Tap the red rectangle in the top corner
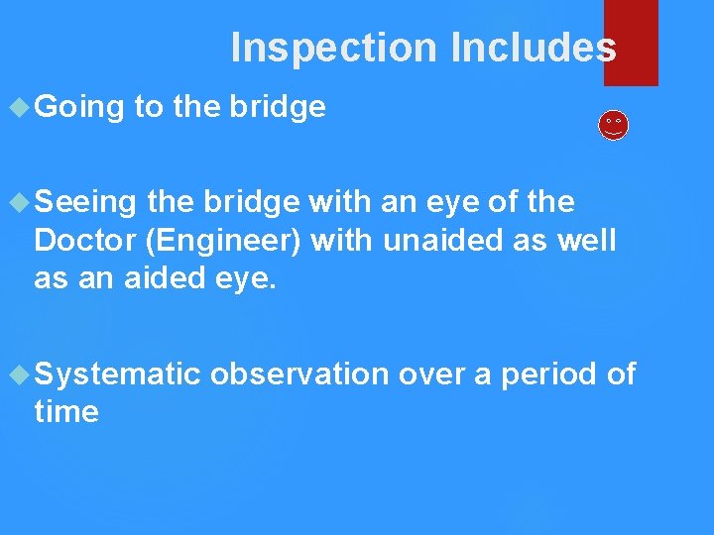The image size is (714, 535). click(631, 42)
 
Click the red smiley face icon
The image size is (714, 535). click(614, 125)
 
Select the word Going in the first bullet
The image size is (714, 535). click(79, 107)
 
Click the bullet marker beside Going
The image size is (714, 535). click(20, 106)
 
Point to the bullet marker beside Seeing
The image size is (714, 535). click(20, 202)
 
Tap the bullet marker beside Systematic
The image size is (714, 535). click(20, 374)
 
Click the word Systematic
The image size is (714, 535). click(117, 374)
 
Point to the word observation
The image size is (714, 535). click(299, 374)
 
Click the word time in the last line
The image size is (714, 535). click(65, 412)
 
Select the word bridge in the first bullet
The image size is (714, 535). click(278, 107)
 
